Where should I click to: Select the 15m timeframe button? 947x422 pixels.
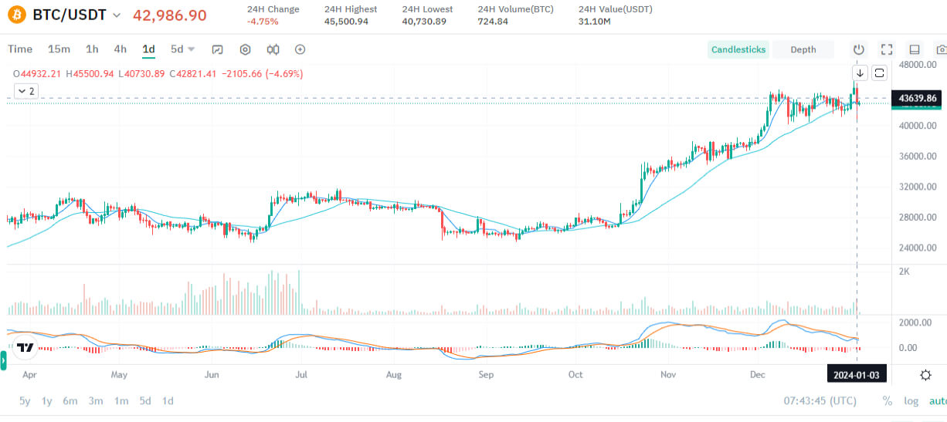59,49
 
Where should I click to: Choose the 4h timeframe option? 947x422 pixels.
120,49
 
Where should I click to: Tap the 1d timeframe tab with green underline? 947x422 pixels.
148,49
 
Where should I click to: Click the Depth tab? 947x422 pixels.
803,49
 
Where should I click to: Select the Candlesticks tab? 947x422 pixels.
738,49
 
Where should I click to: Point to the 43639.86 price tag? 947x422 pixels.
918,98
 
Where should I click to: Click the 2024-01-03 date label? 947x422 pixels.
857,375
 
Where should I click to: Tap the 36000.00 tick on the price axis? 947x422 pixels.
918,156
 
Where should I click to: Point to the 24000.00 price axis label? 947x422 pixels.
918,248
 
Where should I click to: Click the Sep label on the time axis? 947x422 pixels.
486,375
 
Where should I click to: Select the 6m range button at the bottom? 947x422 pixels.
70,401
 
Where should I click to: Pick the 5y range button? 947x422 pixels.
25,401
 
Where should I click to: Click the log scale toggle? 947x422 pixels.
911,401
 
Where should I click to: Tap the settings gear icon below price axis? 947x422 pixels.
925,375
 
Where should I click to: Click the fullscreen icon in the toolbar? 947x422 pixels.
887,49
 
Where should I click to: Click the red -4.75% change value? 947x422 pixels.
263,22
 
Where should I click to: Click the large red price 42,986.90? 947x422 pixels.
170,15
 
